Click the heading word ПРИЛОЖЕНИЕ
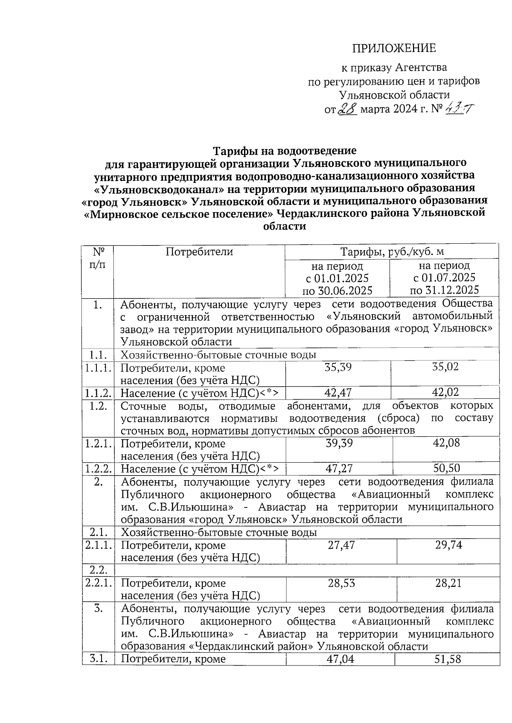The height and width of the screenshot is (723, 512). click(x=393, y=48)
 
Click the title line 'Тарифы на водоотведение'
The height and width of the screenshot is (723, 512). click(x=285, y=151)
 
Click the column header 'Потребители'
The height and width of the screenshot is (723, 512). click(x=199, y=252)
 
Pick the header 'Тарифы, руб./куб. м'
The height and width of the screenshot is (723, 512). click(x=392, y=252)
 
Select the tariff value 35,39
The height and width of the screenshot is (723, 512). click(x=338, y=367)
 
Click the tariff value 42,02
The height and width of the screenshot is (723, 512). click(x=445, y=392)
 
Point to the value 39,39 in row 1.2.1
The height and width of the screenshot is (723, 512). click(x=339, y=443)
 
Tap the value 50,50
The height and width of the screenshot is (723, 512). click(x=446, y=469)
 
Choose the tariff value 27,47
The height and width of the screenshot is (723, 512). click(x=341, y=545)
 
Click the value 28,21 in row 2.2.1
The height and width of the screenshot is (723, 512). click(x=448, y=583)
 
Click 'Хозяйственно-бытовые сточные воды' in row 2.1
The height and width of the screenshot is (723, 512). click(x=219, y=533)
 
